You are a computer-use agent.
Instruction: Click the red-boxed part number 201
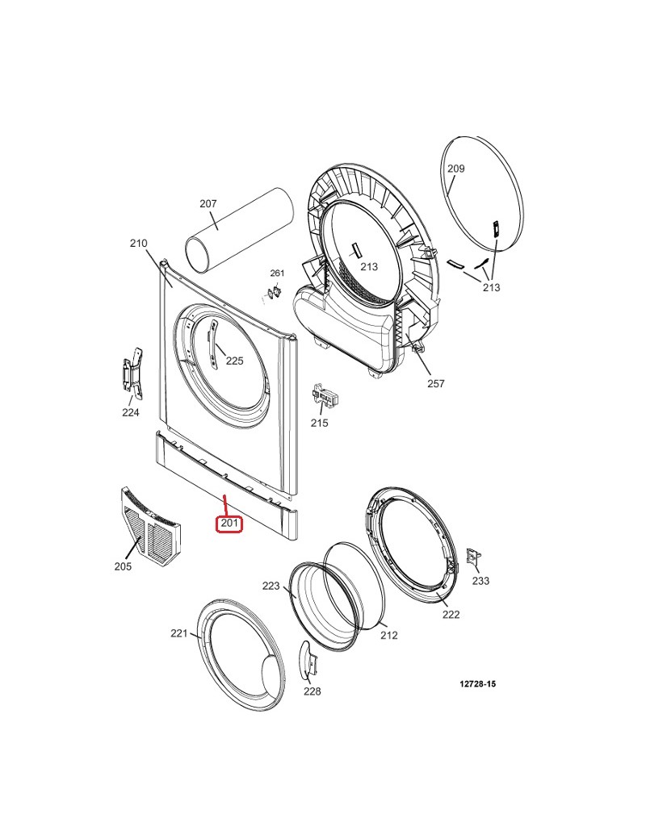[229, 524]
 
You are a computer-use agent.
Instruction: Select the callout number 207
[208, 204]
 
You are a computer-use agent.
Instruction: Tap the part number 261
[277, 273]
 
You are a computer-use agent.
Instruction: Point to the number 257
[436, 383]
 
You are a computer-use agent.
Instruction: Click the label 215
[319, 423]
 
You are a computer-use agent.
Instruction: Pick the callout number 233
[480, 581]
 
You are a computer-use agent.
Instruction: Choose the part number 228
[313, 691]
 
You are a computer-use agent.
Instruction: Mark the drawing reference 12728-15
[478, 684]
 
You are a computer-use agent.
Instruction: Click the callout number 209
[456, 169]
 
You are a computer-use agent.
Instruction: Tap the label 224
[131, 412]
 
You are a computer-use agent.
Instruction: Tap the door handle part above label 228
[308, 660]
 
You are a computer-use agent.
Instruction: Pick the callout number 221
[179, 633]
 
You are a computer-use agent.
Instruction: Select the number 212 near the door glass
[389, 635]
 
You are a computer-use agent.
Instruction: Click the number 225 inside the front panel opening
[235, 361]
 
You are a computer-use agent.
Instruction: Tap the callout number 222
[451, 615]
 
